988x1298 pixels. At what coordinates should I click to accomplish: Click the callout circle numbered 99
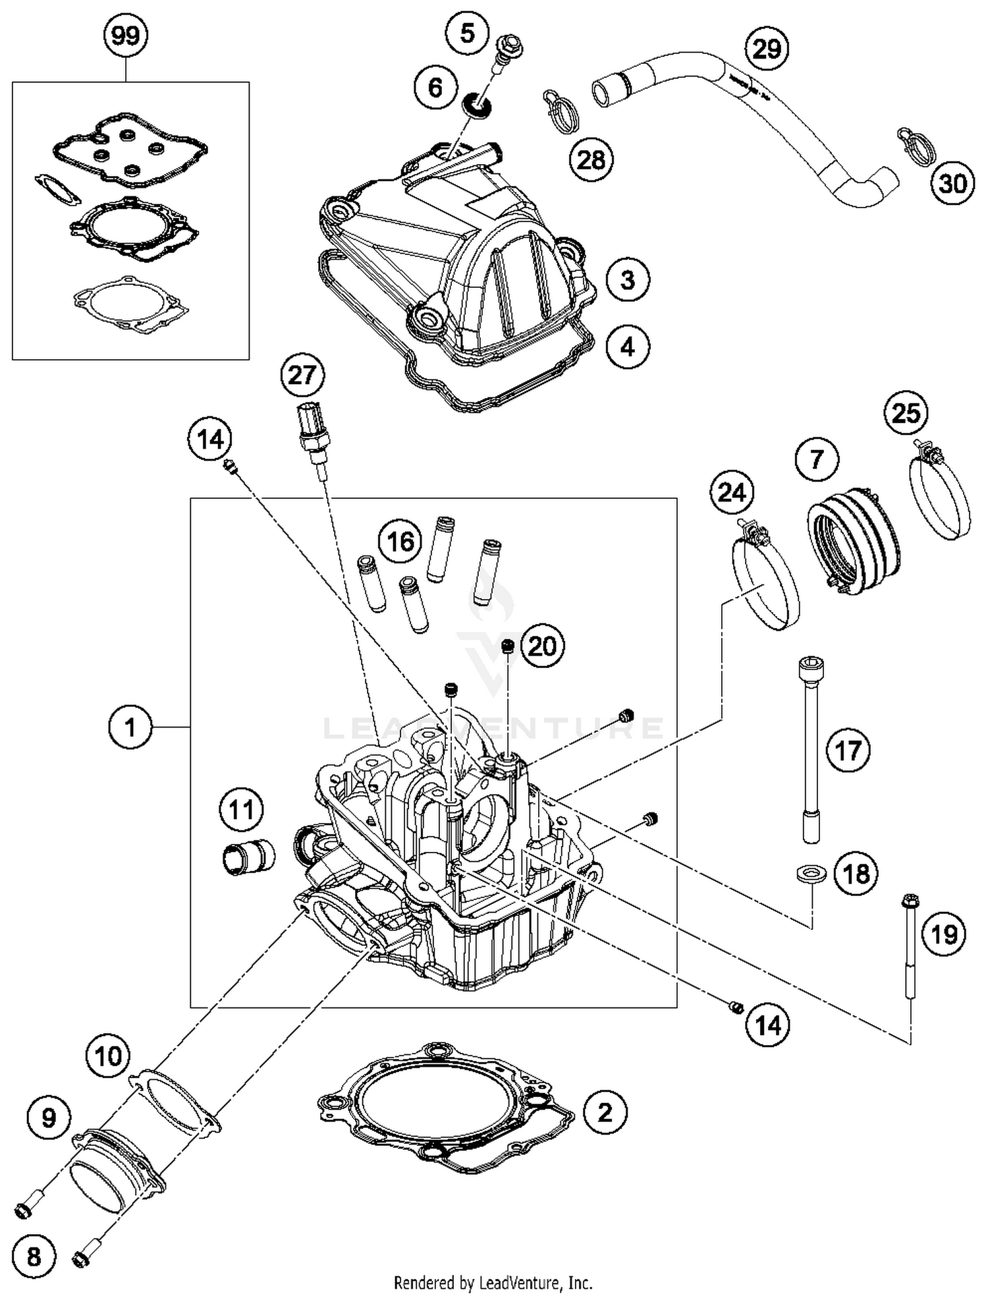click(x=125, y=36)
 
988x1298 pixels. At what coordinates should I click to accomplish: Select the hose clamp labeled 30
click(x=916, y=146)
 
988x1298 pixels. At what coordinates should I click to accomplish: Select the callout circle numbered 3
click(x=627, y=279)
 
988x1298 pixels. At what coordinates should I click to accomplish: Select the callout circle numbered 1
click(x=130, y=727)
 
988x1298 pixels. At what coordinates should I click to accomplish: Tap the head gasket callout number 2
click(x=605, y=1113)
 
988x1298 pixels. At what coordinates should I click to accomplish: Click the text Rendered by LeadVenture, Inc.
click(x=493, y=1283)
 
